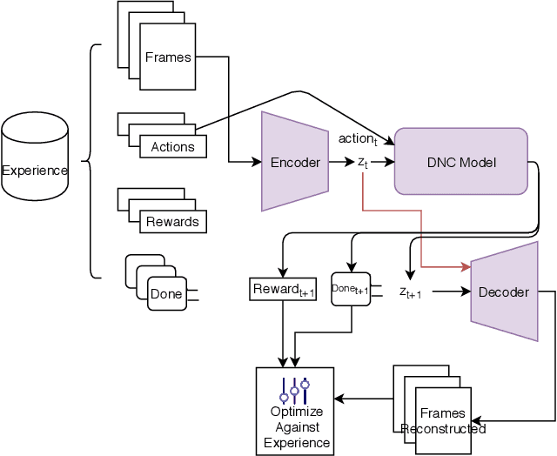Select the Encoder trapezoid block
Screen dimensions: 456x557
pos(294,162)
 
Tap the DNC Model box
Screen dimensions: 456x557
pos(461,162)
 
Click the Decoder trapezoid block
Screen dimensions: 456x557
pos(503,292)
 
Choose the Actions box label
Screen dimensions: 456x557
pos(172,146)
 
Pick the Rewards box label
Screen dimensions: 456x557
pos(172,222)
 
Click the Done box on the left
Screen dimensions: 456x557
pos(165,293)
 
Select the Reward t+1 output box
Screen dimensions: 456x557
pos(283,289)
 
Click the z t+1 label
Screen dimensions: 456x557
pos(411,293)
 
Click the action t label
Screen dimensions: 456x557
pos(358,139)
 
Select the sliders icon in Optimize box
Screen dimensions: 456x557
pos(294,388)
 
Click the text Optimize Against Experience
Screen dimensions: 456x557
pos(298,426)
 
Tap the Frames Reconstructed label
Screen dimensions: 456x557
pos(443,421)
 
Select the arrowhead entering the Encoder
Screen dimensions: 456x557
pos(257,162)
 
